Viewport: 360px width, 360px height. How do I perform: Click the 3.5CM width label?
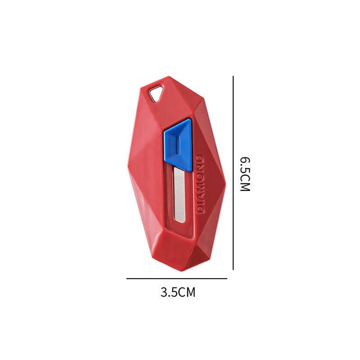coord(178,292)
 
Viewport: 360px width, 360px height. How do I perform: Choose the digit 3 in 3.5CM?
coord(164,292)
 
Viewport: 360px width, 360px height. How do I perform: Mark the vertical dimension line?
coord(233,173)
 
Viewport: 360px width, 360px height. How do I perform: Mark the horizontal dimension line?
coord(177,279)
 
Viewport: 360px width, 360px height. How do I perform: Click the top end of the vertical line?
coord(233,77)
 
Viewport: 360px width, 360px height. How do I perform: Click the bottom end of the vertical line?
coord(233,269)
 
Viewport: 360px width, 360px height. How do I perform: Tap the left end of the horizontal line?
coord(127,279)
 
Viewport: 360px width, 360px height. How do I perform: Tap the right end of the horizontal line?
coord(227,279)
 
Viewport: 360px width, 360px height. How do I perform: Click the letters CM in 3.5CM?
coord(188,292)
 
